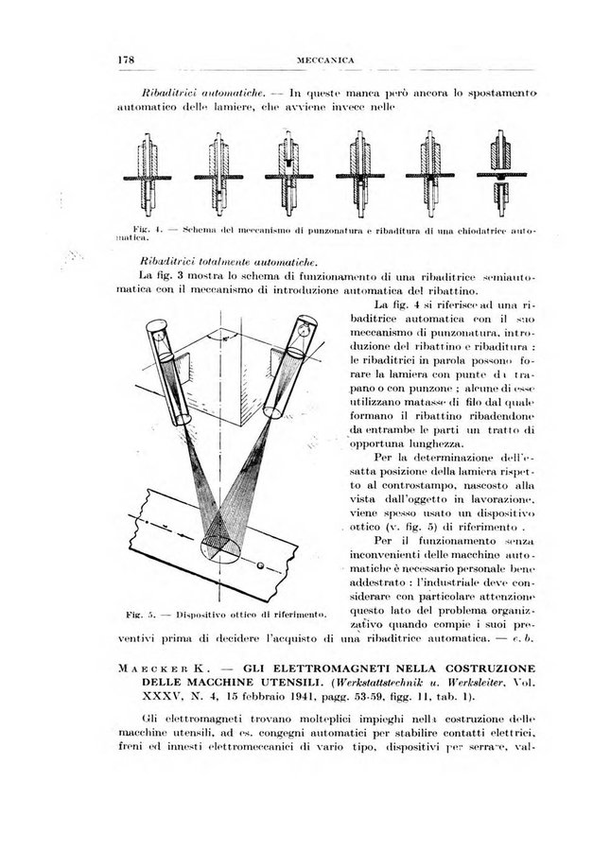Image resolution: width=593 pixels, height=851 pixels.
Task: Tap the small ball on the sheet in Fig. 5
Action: pyautogui.click(x=261, y=566)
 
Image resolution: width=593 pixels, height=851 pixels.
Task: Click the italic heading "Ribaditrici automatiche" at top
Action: pyautogui.click(x=190, y=94)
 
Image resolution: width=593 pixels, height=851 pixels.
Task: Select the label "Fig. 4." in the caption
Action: pyautogui.click(x=145, y=230)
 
